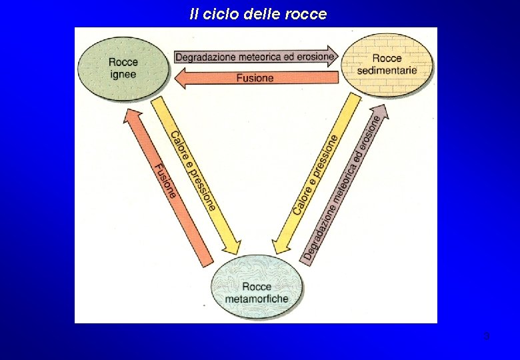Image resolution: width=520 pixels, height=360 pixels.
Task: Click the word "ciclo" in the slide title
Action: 224,14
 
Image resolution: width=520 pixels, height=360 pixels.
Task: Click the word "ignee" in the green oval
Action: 123,74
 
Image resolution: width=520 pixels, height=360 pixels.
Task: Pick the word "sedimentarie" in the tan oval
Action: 387,70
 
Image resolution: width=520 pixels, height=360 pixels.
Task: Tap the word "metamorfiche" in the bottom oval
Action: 257,299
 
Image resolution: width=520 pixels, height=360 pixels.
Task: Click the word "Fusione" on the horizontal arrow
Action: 255,79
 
